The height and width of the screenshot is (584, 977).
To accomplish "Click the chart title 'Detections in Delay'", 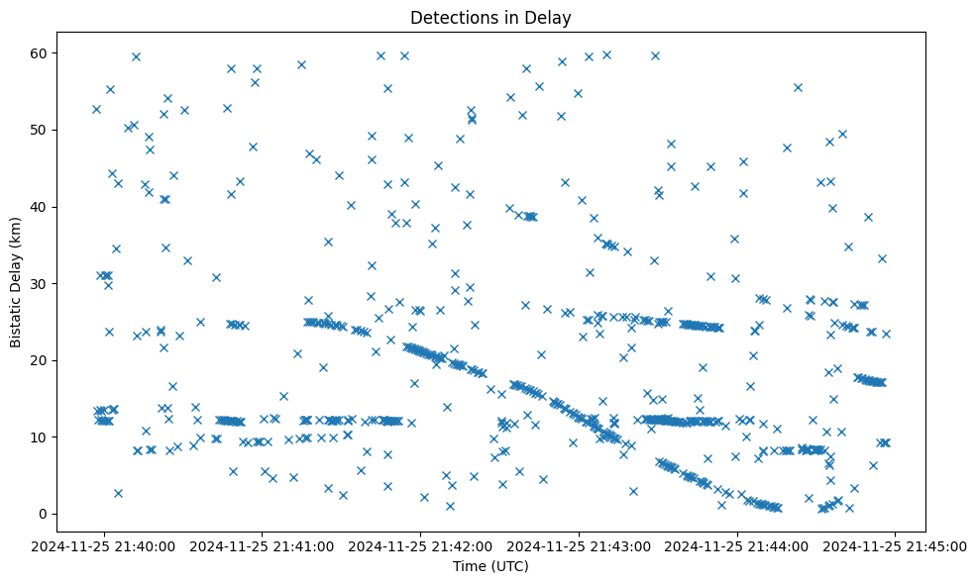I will click(490, 18).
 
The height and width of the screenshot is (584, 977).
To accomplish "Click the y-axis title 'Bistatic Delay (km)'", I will click(16, 281).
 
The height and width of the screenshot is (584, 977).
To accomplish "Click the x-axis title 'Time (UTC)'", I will click(490, 566).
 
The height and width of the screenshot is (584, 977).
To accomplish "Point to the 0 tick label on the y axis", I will click(43, 514).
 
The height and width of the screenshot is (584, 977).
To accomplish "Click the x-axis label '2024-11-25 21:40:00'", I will click(105, 545).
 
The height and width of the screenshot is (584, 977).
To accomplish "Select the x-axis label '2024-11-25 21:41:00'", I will click(263, 545).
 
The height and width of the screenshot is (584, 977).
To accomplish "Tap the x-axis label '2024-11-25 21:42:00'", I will click(421, 545).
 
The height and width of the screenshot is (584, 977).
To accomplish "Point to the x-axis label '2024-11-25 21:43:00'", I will click(580, 545).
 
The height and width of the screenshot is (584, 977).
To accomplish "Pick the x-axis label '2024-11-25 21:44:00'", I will click(738, 545).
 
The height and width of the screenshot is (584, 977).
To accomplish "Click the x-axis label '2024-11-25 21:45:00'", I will click(896, 545).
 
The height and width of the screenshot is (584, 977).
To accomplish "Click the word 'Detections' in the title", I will click(450, 18).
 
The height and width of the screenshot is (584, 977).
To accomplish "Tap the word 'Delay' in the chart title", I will click(551, 18).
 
